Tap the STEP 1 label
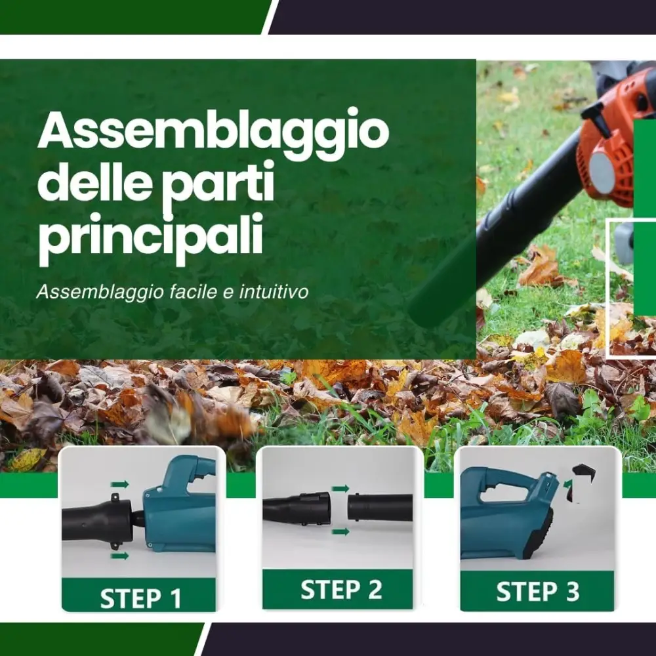[140, 598]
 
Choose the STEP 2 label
[340, 590]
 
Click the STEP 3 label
[537, 592]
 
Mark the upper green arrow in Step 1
[119, 484]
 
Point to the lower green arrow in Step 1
[119, 556]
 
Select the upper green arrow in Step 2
[340, 489]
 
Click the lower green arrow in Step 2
[340, 531]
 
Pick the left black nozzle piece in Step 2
[297, 507]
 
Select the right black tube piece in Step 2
[380, 507]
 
